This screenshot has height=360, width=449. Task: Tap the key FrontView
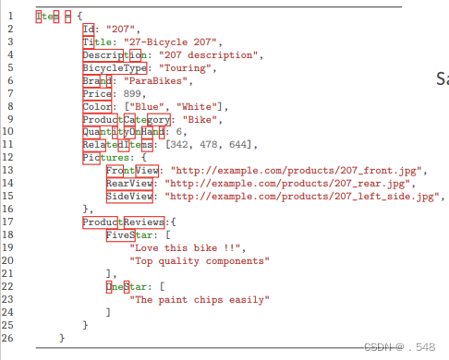pos(132,171)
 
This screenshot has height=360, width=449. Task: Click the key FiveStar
pos(129,235)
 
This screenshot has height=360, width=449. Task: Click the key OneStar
pos(127,287)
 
